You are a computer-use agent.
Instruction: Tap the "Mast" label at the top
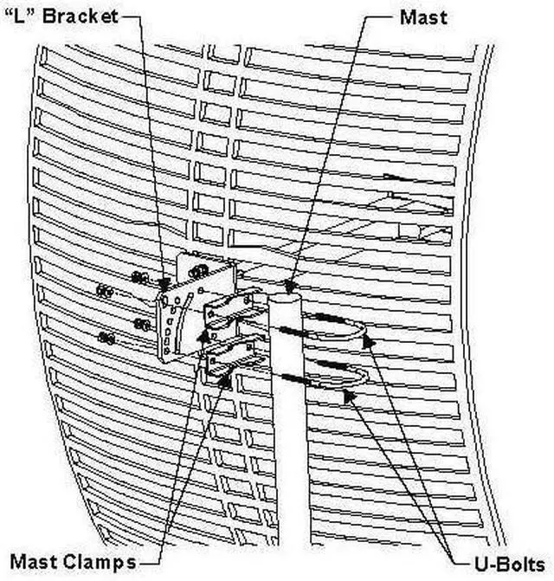[423, 16]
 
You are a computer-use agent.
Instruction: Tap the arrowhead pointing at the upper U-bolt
[368, 341]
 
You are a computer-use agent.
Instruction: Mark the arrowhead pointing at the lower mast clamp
[227, 373]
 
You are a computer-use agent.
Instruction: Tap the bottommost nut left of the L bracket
[106, 338]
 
